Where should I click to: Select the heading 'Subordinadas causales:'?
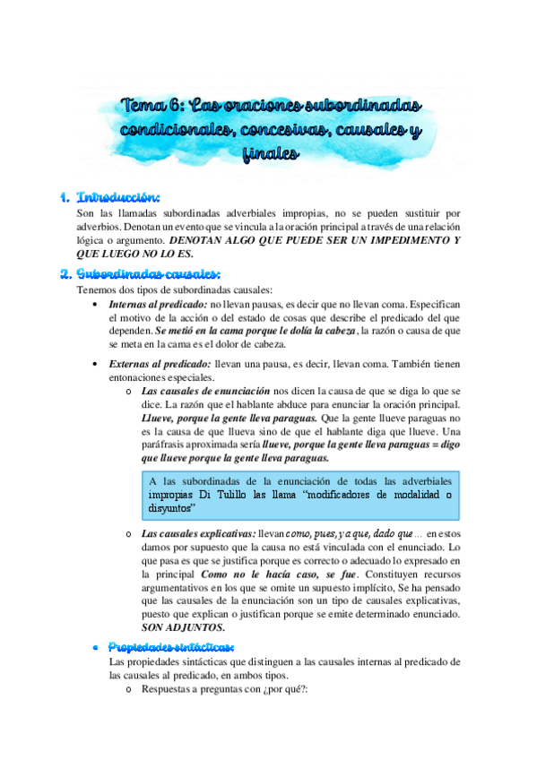point(149,273)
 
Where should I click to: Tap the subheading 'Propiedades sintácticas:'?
point(171,647)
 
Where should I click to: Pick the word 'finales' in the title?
point(269,155)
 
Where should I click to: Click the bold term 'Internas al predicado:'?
point(157,306)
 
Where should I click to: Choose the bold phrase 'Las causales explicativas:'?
point(198,535)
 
